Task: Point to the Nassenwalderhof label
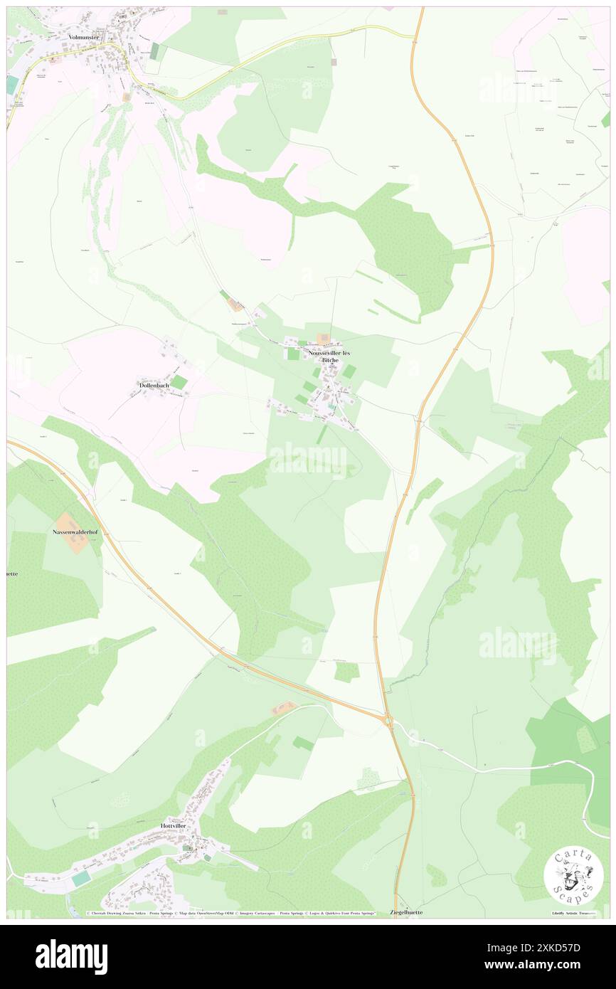pos(73,531)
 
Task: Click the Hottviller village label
pos(175,825)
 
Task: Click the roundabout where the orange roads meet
pos(388,721)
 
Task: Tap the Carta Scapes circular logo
pos(573,876)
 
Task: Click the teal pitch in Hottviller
pos(81,879)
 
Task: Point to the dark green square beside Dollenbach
pos(179,383)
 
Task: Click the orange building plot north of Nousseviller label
pos(323,339)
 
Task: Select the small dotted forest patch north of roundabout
pos(346,672)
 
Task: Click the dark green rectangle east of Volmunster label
pos(154,51)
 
